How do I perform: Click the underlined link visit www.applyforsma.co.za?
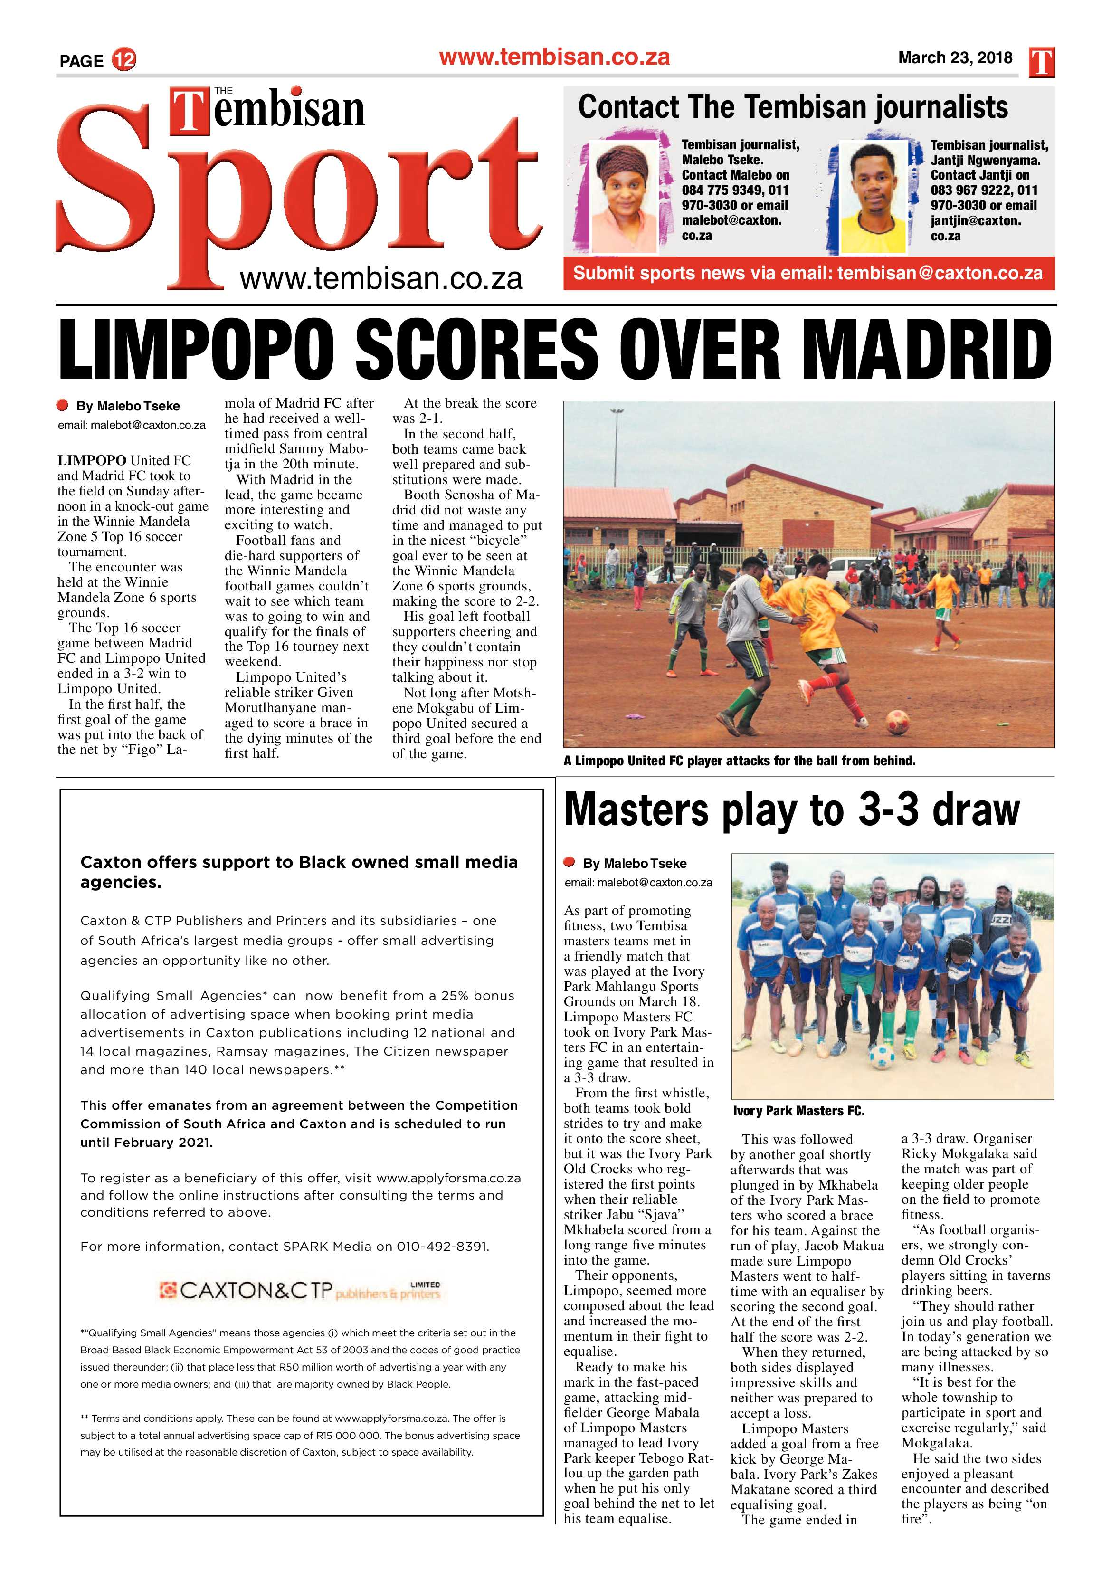(432, 1178)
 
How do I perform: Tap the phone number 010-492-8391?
(442, 1246)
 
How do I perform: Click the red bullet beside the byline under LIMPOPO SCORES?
(63, 406)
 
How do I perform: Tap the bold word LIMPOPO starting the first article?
(92, 460)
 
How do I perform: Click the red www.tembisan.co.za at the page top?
(554, 57)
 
